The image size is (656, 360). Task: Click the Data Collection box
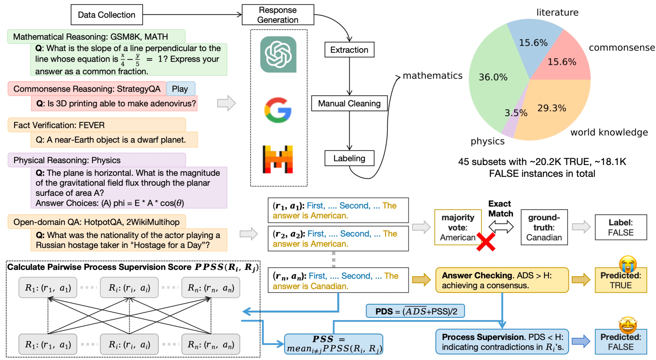coord(107,15)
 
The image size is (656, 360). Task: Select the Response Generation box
coord(278,15)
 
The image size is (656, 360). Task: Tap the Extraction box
coord(349,50)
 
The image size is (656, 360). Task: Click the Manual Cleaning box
coord(349,103)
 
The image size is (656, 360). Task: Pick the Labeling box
coord(349,158)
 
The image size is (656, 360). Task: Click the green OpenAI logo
coord(278,54)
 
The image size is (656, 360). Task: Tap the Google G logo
coord(278,110)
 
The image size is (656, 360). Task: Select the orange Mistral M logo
coord(278,159)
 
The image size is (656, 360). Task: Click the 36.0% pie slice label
coord(493,77)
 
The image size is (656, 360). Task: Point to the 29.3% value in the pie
coord(552,108)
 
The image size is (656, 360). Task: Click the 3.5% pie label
coord(516,113)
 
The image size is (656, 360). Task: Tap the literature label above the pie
coord(557,12)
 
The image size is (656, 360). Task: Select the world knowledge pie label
coord(609,132)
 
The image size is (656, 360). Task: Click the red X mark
coord(486,242)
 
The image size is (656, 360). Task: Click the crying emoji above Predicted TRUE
coord(628,263)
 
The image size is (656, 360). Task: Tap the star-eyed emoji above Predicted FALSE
coord(628,325)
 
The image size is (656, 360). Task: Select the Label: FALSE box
coord(621,227)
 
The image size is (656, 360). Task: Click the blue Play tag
coord(180,89)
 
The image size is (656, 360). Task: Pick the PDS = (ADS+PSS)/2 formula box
coord(415,311)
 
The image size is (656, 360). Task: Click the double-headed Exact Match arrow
coord(501,227)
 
